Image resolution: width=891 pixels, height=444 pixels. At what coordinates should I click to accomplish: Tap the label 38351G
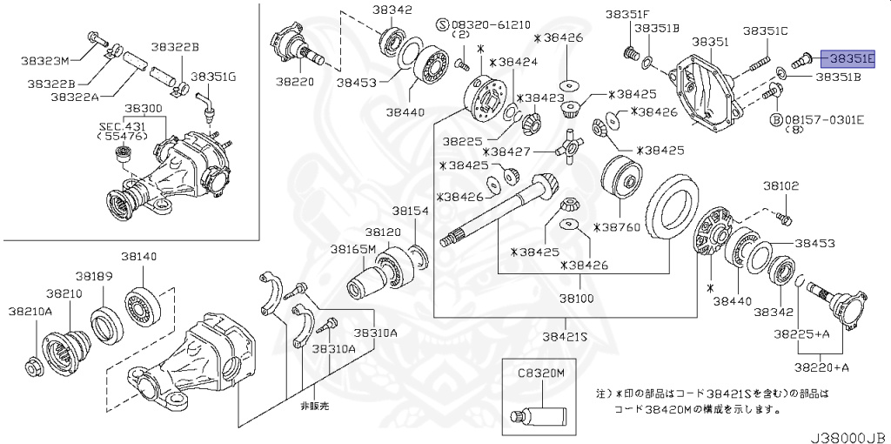[x=214, y=77]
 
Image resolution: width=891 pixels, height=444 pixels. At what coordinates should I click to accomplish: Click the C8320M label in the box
[x=541, y=372]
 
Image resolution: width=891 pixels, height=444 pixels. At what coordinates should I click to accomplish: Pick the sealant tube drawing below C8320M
[x=541, y=414]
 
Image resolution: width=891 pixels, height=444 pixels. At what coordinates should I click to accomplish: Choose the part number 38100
[x=576, y=298]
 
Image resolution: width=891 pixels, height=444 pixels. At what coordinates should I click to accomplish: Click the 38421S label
[x=566, y=336]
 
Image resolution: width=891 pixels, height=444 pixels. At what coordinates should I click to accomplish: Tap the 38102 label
[x=781, y=185]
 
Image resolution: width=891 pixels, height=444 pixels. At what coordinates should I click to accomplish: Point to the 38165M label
[x=352, y=249]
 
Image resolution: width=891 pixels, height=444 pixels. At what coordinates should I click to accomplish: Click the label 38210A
[x=30, y=311]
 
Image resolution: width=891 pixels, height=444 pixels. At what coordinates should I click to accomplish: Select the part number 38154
[x=409, y=211]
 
